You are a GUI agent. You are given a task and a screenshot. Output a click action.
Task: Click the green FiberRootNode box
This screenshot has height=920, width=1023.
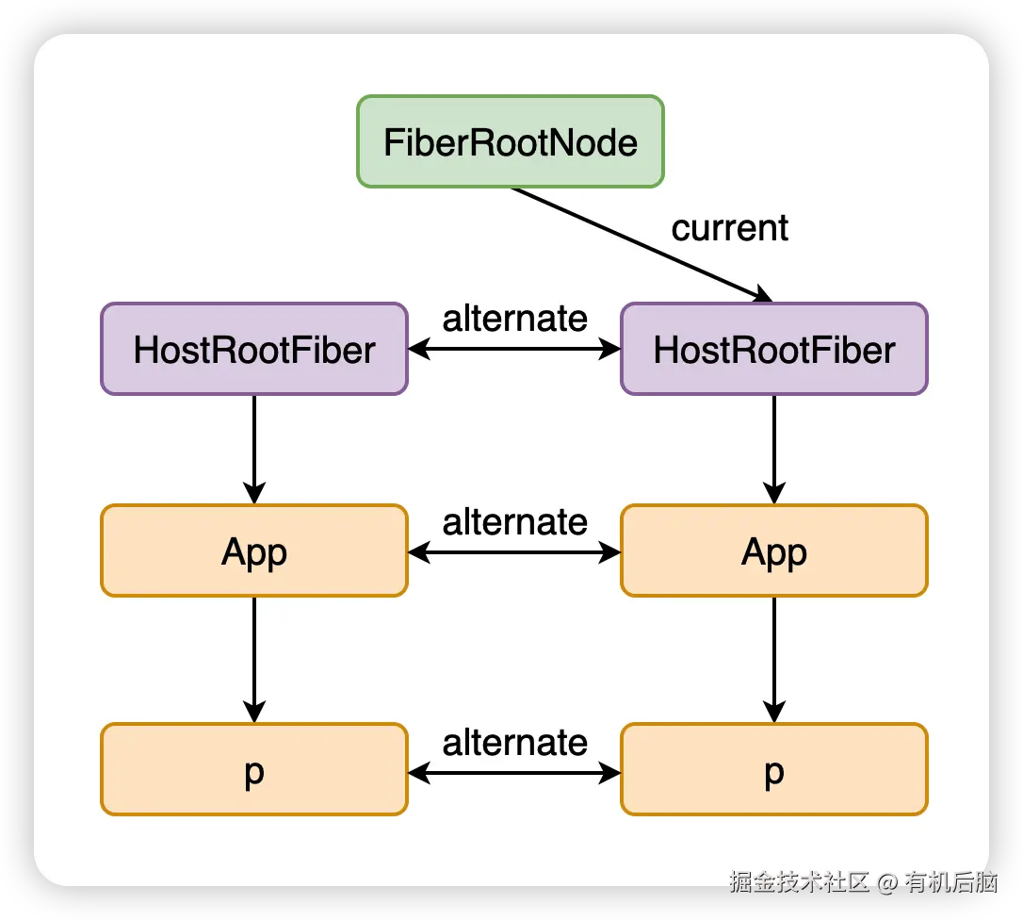coord(510,141)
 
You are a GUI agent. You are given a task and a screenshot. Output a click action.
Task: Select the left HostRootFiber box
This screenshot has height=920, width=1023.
coord(254,349)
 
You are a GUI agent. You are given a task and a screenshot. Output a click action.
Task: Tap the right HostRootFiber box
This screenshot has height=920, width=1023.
coord(773,349)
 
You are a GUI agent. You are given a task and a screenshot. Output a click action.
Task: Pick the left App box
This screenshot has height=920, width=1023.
coord(254,551)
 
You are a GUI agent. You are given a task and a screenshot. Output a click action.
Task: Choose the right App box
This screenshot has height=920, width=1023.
coord(773,551)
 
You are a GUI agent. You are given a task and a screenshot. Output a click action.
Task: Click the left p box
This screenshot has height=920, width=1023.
coord(254,769)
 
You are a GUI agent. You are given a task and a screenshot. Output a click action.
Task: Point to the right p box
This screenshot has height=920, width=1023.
coord(773,769)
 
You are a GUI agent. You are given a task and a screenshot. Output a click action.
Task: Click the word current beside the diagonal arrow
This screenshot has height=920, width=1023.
coord(729,228)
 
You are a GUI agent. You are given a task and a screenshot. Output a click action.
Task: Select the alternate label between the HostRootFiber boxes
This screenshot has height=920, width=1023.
coord(514,319)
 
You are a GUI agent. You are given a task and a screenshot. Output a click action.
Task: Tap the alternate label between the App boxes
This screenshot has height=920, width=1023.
coord(514,521)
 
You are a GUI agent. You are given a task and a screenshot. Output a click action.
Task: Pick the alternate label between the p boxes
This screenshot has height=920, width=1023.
coord(514,743)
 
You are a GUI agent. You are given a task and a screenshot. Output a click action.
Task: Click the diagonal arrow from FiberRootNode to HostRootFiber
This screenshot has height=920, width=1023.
coord(641,244)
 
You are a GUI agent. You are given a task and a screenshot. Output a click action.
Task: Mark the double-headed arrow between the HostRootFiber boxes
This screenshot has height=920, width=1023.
coord(514,350)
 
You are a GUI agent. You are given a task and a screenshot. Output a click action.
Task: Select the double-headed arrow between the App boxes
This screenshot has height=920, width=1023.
coord(514,552)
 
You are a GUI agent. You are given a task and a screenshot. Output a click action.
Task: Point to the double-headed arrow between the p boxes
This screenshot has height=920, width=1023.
coord(514,774)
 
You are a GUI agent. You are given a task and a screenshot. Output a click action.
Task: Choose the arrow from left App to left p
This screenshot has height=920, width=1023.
coord(254,659)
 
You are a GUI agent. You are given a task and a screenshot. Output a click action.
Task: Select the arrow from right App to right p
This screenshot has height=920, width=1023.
coord(774,659)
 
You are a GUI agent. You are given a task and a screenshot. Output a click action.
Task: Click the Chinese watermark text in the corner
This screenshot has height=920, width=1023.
coord(862,881)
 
